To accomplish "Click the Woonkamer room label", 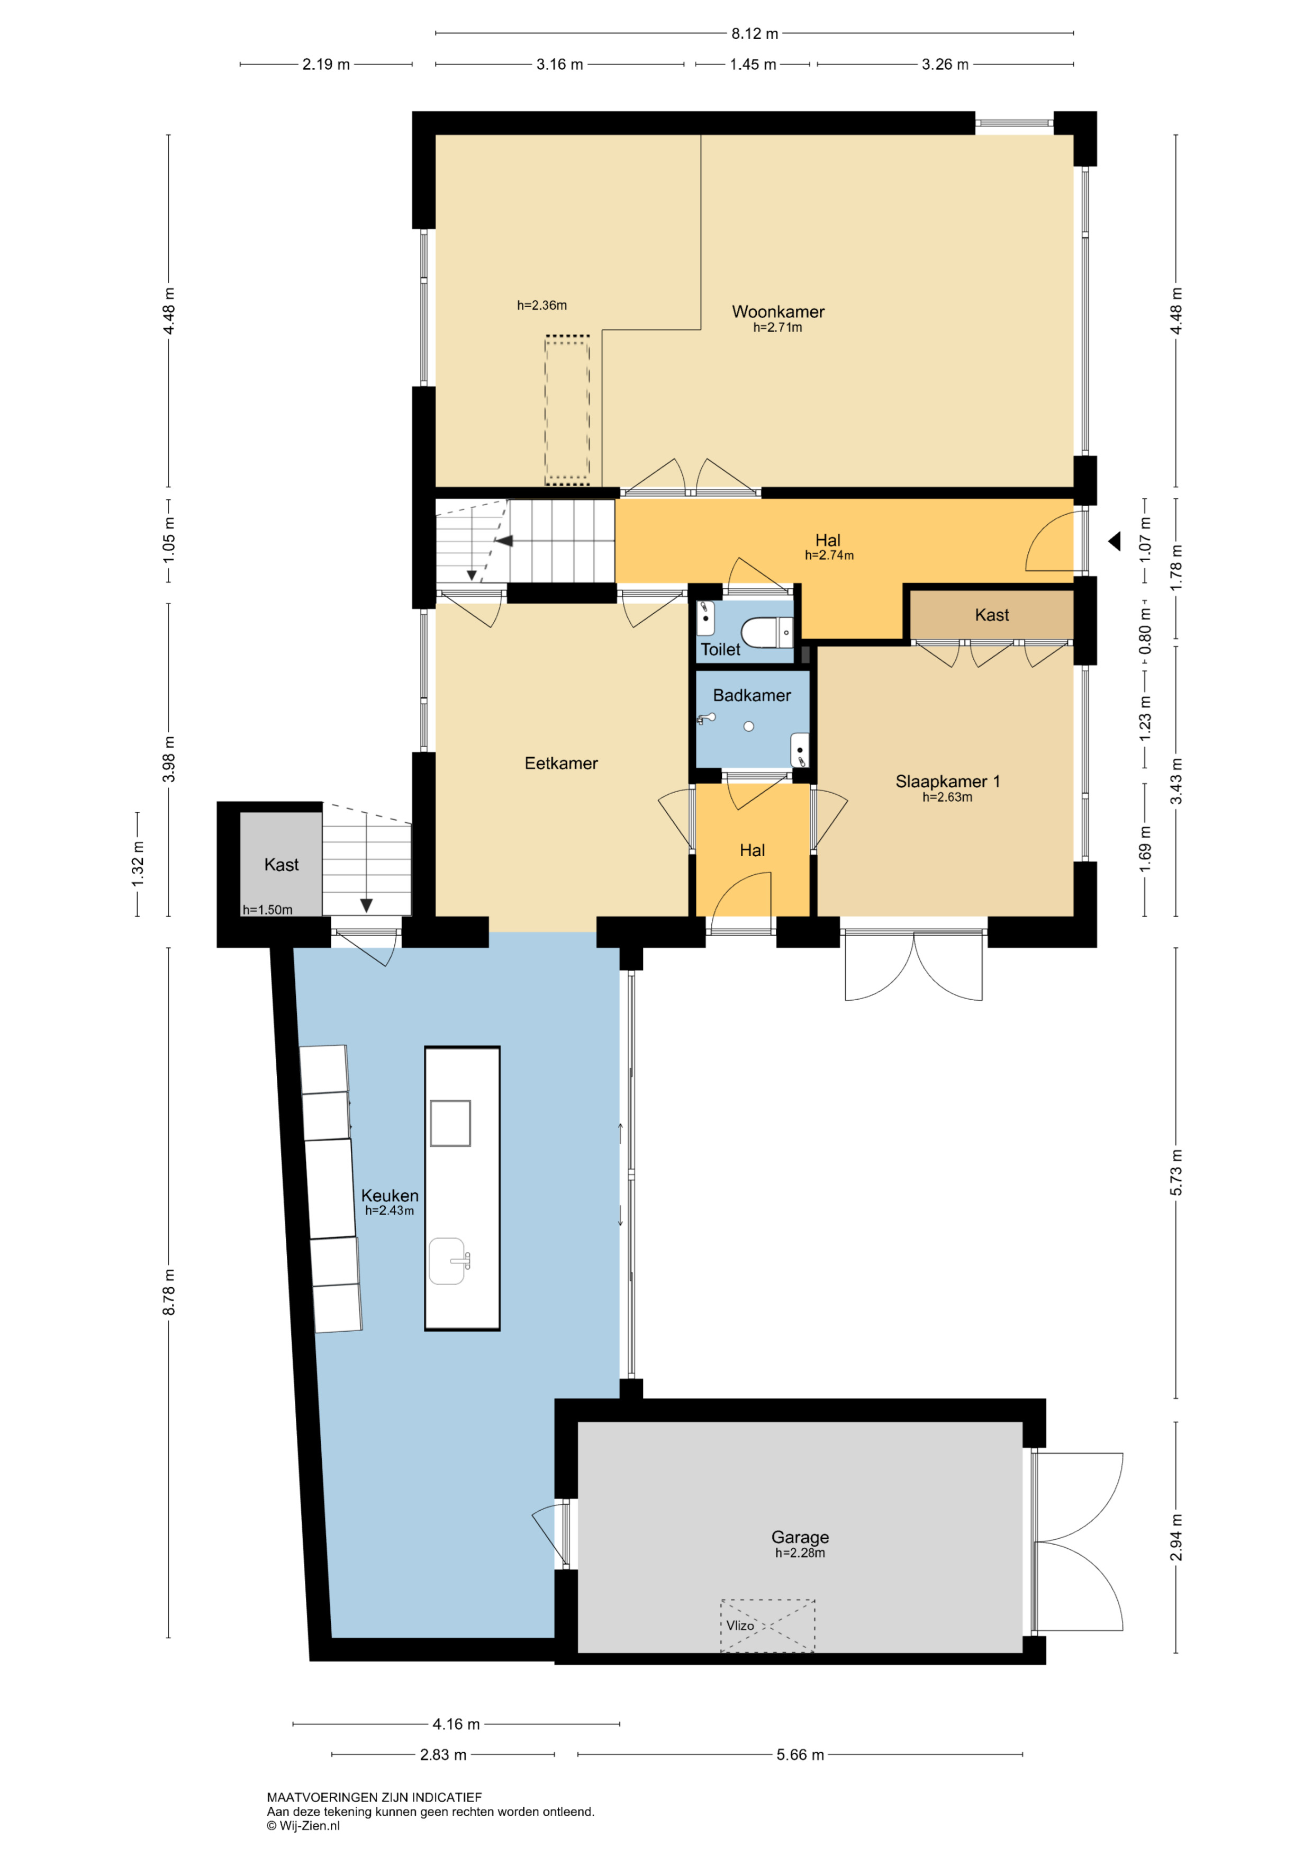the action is (x=778, y=311).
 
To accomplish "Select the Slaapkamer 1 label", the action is (x=947, y=782).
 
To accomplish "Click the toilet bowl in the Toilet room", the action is (x=766, y=632).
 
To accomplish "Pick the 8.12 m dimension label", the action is (x=754, y=33).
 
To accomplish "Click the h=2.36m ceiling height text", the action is (x=542, y=305).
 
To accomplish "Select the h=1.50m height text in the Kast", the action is (x=268, y=909).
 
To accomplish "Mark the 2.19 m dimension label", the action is (x=326, y=64).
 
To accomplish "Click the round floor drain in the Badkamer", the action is (x=749, y=726).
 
